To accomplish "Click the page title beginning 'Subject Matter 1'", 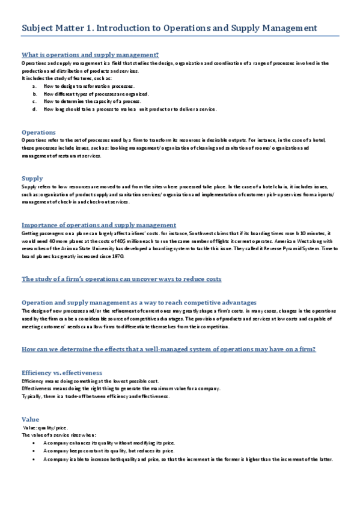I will [x=169, y=28].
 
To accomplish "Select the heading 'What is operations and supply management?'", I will [x=90, y=55].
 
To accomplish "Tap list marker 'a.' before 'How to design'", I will [x=35, y=86].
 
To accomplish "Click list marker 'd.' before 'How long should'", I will [x=35, y=109].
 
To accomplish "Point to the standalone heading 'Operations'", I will [x=38, y=132].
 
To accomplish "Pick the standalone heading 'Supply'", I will [x=32, y=178].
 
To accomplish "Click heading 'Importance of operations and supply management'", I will [x=99, y=224].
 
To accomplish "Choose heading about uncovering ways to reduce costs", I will [x=121, y=279].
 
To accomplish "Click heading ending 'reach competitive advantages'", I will [x=139, y=302].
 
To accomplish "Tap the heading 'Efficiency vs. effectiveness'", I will [x=62, y=372].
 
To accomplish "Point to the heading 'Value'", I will [x=30, y=419].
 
